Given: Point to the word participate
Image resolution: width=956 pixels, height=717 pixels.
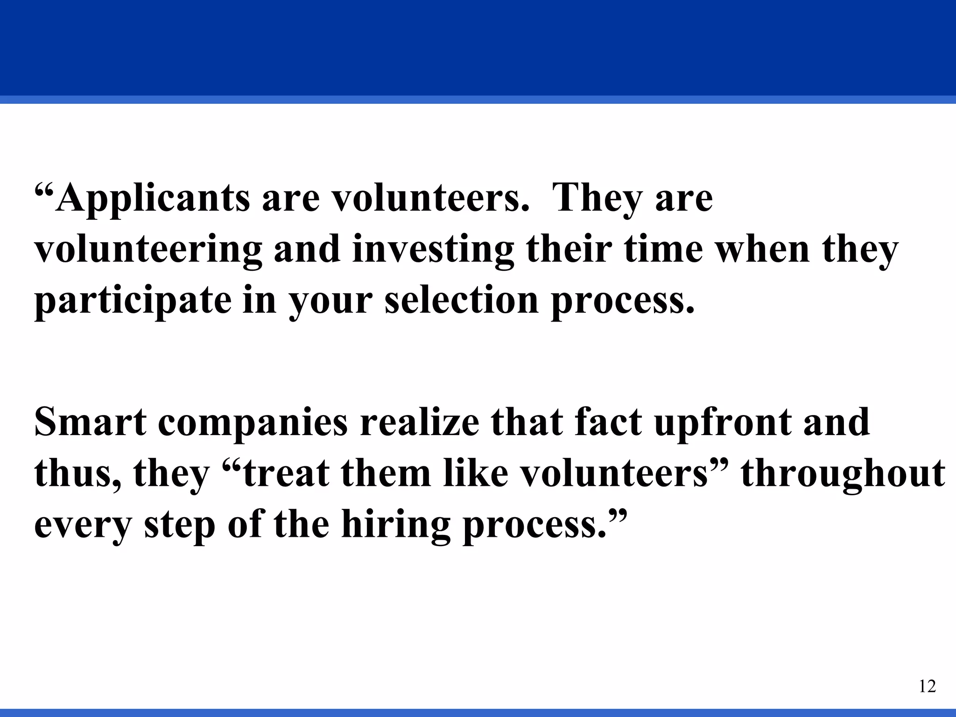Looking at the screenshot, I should tap(133, 301).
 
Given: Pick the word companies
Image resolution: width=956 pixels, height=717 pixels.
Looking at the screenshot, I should tap(253, 422).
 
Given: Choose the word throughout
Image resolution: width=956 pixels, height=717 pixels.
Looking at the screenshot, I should tap(843, 474).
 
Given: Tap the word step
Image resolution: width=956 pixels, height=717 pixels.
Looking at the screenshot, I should tap(180, 525).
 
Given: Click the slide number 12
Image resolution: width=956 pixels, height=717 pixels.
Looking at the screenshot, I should tap(927, 686).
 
